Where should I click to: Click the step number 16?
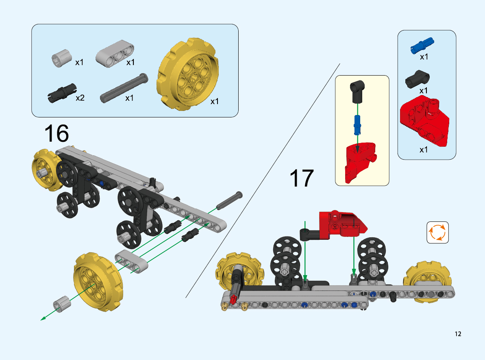click(57, 133)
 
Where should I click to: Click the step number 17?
click(302, 178)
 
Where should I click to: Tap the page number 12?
click(458, 334)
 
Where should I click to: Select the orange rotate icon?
click(437, 232)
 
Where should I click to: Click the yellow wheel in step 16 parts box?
click(188, 74)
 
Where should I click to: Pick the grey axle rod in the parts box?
click(124, 88)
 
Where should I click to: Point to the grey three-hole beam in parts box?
click(115, 54)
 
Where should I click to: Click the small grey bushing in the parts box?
click(61, 58)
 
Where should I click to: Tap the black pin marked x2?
click(62, 93)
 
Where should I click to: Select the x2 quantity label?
click(80, 98)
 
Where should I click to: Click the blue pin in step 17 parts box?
click(422, 46)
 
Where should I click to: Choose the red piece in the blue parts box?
click(424, 121)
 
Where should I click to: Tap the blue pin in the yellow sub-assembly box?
click(357, 125)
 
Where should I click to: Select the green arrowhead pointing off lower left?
click(43, 318)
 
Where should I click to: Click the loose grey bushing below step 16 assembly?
click(62, 304)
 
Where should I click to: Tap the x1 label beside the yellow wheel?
click(214, 101)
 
